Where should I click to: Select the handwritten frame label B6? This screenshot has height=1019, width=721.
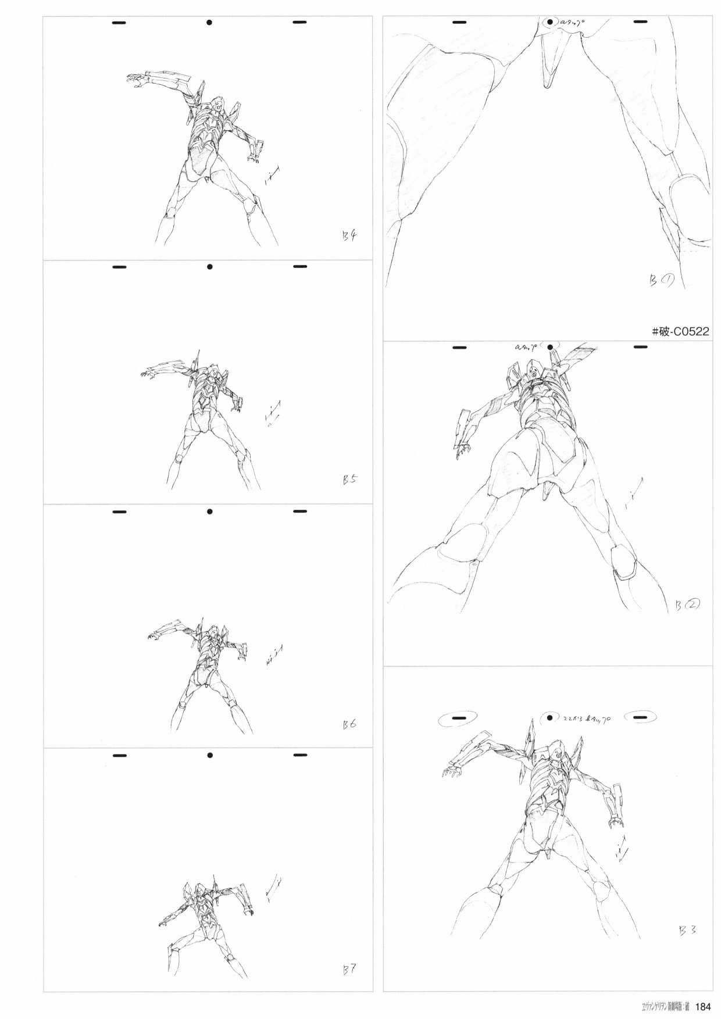click(350, 724)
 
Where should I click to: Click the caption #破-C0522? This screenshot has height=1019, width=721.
click(680, 332)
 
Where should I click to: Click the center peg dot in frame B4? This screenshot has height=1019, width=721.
click(210, 23)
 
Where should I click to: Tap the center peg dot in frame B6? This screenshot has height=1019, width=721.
click(210, 512)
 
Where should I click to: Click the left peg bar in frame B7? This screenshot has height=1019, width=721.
click(119, 756)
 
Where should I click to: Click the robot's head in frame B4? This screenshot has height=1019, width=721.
click(217, 106)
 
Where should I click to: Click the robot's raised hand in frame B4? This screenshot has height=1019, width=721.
click(135, 80)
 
